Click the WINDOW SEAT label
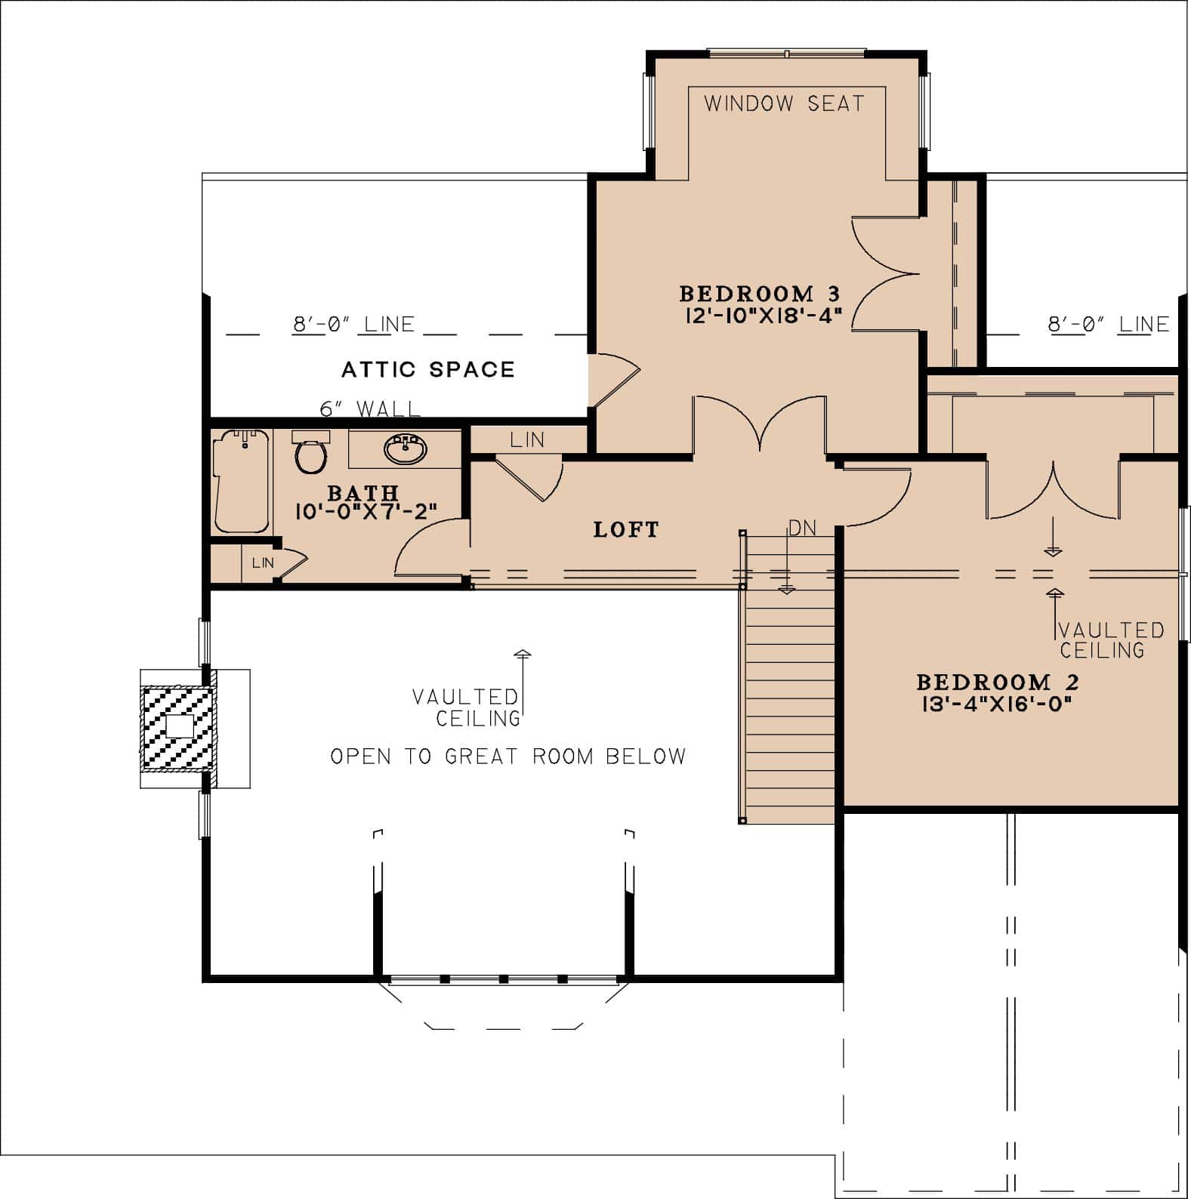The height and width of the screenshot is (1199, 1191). click(x=784, y=103)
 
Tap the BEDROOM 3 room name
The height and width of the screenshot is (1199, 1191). click(x=760, y=293)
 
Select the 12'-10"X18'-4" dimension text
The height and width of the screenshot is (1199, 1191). click(x=763, y=315)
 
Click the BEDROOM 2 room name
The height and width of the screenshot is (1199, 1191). click(x=998, y=683)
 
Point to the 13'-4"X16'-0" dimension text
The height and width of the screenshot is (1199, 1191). click(x=997, y=704)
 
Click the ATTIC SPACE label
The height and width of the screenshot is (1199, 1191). click(x=428, y=369)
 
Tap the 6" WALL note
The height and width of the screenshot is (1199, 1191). click(x=370, y=409)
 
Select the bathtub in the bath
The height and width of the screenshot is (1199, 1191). click(x=241, y=481)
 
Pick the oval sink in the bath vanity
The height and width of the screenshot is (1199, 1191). click(x=406, y=449)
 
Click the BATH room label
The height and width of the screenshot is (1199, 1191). click(x=363, y=493)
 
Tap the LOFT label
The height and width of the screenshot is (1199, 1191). click(x=626, y=529)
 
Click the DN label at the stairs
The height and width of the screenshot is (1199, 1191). click(x=802, y=529)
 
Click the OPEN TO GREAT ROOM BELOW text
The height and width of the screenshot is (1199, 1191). click(x=508, y=757)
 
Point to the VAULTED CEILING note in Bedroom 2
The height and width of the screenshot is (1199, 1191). click(x=1110, y=640)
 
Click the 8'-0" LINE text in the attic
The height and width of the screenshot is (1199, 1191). click(x=353, y=325)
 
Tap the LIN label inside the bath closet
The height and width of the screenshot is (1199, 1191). click(x=263, y=563)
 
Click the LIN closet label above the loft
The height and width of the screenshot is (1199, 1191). click(x=526, y=439)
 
